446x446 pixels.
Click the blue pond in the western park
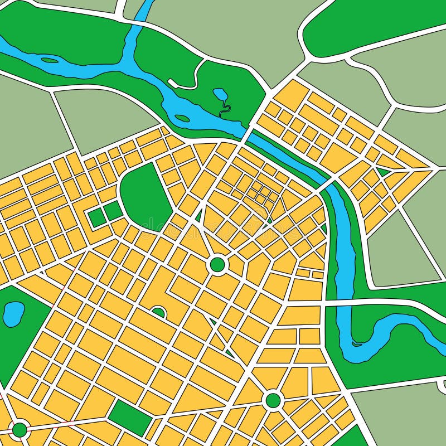(13, 314)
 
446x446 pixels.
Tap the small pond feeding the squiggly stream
(219, 93)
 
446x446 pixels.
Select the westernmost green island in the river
(49, 60)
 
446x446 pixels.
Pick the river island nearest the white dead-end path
(182, 118)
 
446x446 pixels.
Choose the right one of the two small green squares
(113, 210)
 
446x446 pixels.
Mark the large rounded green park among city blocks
(144, 195)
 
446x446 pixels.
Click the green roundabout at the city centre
(217, 264)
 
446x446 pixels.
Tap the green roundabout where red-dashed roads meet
(20, 429)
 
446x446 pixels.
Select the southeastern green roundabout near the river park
(273, 400)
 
